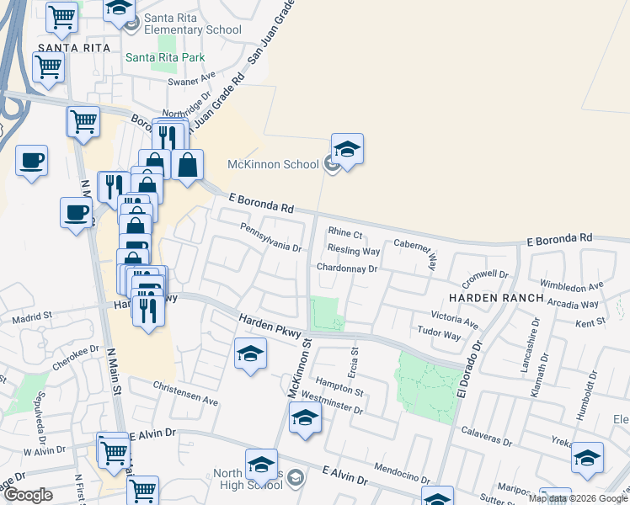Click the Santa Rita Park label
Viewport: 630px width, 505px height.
coord(165,57)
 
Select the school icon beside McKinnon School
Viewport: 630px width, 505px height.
coord(333,164)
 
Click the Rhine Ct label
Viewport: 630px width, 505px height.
coord(344,233)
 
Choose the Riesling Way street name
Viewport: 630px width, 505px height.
coord(354,251)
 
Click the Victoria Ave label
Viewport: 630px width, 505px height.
coord(454,320)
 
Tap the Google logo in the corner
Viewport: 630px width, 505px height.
coord(28,495)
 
